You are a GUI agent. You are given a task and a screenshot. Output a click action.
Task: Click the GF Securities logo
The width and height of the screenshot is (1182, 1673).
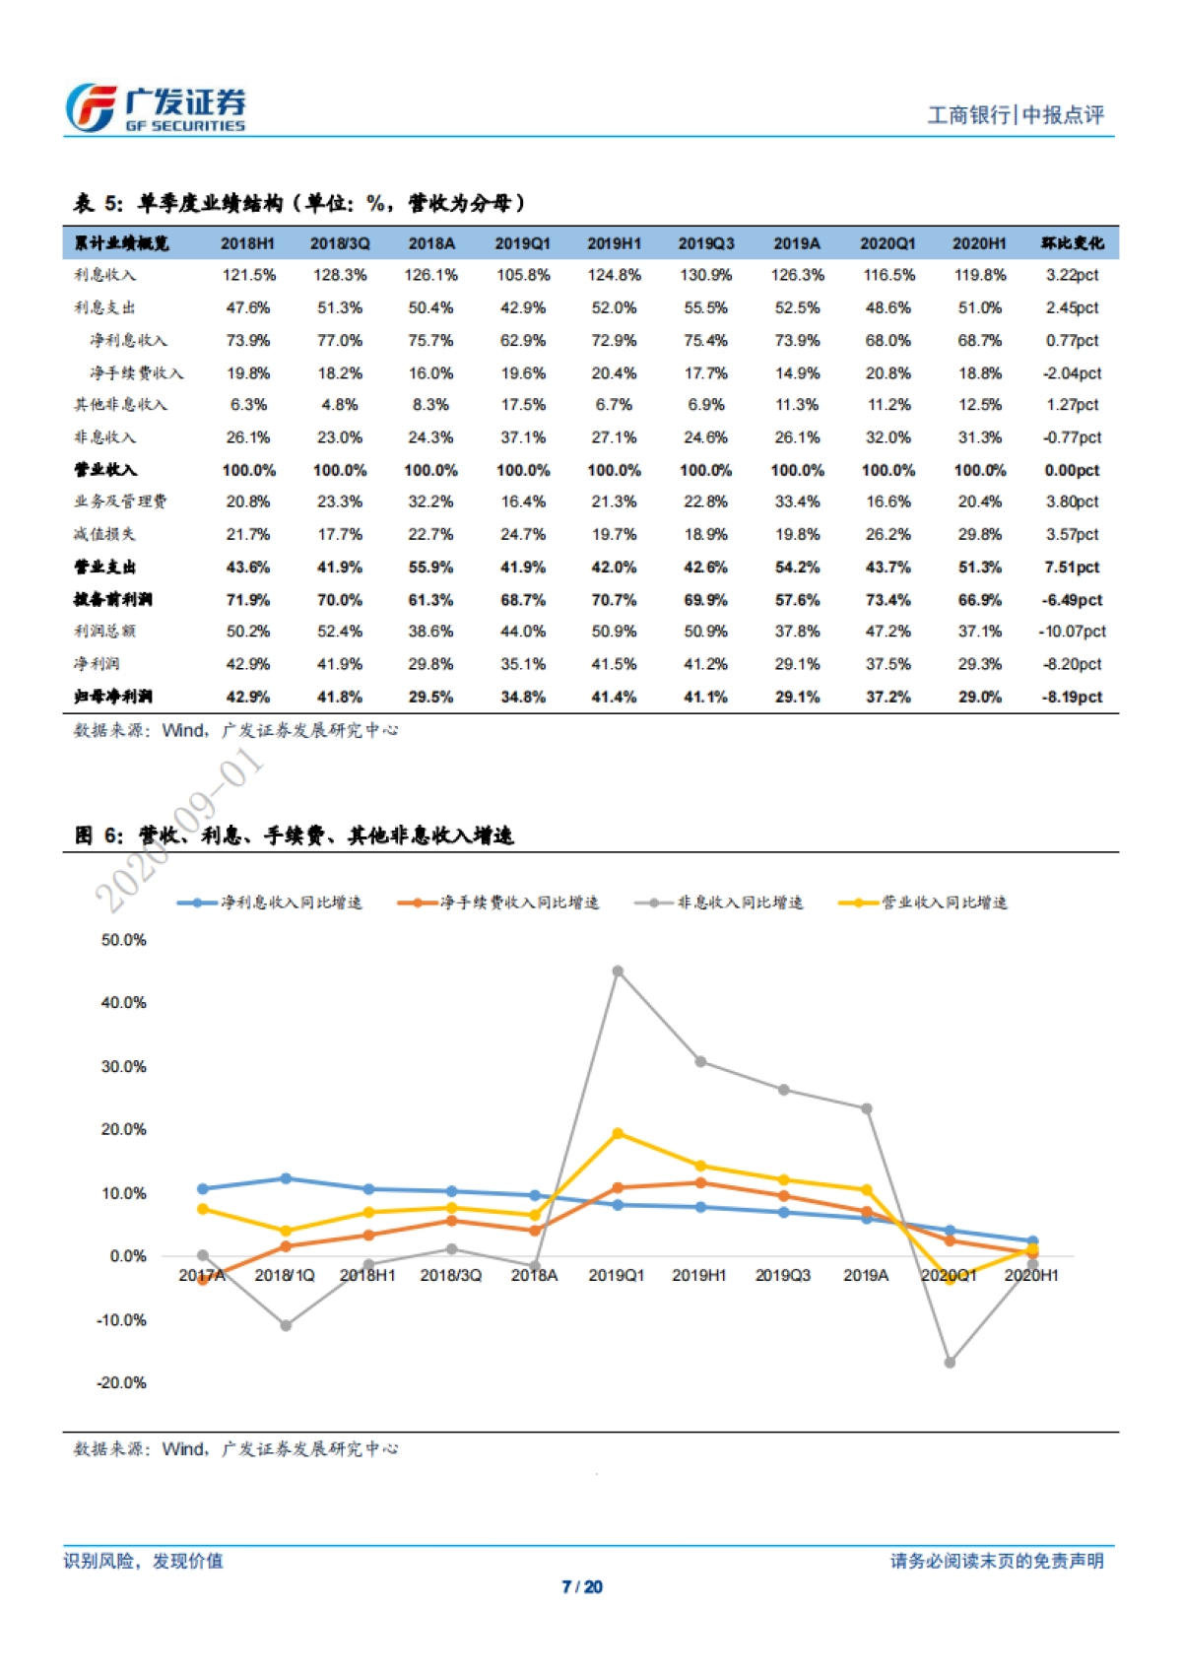tap(156, 108)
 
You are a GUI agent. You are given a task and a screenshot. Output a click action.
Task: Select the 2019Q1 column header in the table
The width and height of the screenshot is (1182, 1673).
tap(522, 243)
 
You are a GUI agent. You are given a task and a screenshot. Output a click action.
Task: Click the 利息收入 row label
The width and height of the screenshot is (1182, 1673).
tap(105, 275)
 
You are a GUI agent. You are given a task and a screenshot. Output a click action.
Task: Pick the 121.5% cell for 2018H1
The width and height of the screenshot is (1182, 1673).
tap(248, 275)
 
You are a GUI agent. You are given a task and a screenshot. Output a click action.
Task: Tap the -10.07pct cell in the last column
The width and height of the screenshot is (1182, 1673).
tap(1072, 632)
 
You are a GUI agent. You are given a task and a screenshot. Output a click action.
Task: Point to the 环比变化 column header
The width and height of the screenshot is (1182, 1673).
tap(1072, 243)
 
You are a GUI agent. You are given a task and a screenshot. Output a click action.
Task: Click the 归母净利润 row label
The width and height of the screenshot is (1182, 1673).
tap(112, 697)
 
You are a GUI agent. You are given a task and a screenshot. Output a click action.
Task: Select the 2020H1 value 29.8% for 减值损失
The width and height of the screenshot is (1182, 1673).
tap(979, 534)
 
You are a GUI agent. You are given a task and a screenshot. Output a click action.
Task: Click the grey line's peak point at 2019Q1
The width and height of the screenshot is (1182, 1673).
tap(618, 971)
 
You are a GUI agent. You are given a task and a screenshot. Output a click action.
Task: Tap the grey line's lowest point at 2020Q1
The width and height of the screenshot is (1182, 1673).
tap(950, 1363)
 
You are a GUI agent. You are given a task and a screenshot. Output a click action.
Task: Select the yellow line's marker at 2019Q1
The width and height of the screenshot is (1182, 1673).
tap(618, 1133)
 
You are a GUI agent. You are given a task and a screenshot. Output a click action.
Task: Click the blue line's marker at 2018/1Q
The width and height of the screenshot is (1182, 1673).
tap(286, 1178)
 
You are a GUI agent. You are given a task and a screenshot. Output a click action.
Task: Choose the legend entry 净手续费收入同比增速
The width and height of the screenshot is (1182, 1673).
tap(498, 903)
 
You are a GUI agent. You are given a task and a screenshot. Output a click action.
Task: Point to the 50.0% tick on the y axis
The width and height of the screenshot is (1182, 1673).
tap(123, 940)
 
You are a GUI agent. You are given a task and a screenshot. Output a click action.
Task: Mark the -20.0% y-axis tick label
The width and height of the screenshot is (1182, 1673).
tap(121, 1382)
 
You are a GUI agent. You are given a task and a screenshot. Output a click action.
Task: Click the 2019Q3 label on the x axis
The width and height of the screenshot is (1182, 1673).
tap(782, 1275)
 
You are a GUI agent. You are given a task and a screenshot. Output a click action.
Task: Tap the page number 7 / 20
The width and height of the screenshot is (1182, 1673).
tap(582, 1586)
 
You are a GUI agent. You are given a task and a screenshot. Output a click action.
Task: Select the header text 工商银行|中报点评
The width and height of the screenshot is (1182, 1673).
tap(1016, 115)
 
